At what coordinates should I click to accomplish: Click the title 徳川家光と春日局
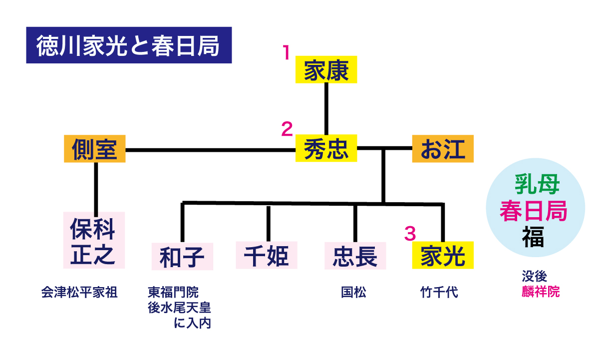point(128,46)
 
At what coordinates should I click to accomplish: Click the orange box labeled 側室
point(94,148)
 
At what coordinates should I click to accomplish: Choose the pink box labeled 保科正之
point(94,240)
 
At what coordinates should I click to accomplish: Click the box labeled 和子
point(182,256)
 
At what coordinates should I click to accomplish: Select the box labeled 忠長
point(355,256)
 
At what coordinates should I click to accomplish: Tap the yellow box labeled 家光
point(442,256)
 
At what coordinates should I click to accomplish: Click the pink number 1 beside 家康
point(286,52)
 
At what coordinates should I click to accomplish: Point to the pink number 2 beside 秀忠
point(286,129)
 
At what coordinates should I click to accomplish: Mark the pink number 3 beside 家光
point(409,233)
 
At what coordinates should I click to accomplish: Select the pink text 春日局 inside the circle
point(534,211)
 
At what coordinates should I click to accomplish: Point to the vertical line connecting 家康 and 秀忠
point(326,108)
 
